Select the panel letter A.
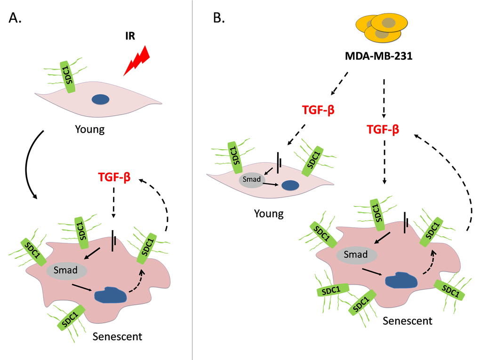pos(15,18)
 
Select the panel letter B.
pos(219,18)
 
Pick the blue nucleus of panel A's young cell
pos(101,99)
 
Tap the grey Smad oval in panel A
pos(67,271)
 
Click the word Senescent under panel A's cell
pos(117,337)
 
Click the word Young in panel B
pos(269,214)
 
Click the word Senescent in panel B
pos(407,321)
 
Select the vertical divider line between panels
pos(193,188)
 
